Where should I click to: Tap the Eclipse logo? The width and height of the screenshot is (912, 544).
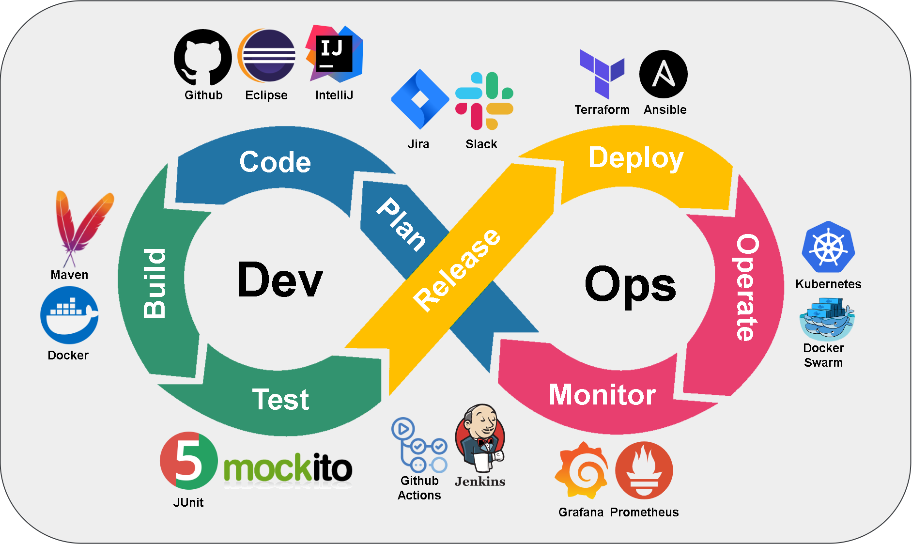pyautogui.click(x=267, y=56)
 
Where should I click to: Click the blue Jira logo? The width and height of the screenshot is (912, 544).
pyautogui.click(x=419, y=100)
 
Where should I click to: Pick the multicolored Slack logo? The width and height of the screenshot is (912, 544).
pyautogui.click(x=484, y=101)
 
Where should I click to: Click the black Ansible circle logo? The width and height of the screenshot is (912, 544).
pyautogui.click(x=664, y=74)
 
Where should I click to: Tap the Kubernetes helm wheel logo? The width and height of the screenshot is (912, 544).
pyautogui.click(x=828, y=247)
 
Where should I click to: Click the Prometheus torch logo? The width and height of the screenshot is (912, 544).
pyautogui.click(x=644, y=470)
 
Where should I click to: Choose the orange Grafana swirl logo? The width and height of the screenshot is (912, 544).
pyautogui.click(x=582, y=470)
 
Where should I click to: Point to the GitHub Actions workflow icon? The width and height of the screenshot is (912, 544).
pyautogui.click(x=419, y=446)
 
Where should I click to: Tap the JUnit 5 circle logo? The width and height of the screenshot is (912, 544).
pyautogui.click(x=188, y=461)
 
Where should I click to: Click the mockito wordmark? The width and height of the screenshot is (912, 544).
pyautogui.click(x=288, y=468)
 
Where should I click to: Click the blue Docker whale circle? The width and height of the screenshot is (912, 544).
pyautogui.click(x=69, y=315)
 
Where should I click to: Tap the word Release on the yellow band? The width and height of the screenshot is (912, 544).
pyautogui.click(x=456, y=270)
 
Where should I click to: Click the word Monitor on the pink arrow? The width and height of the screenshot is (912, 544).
pyautogui.click(x=602, y=395)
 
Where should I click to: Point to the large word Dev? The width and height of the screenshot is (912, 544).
pyautogui.click(x=280, y=280)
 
